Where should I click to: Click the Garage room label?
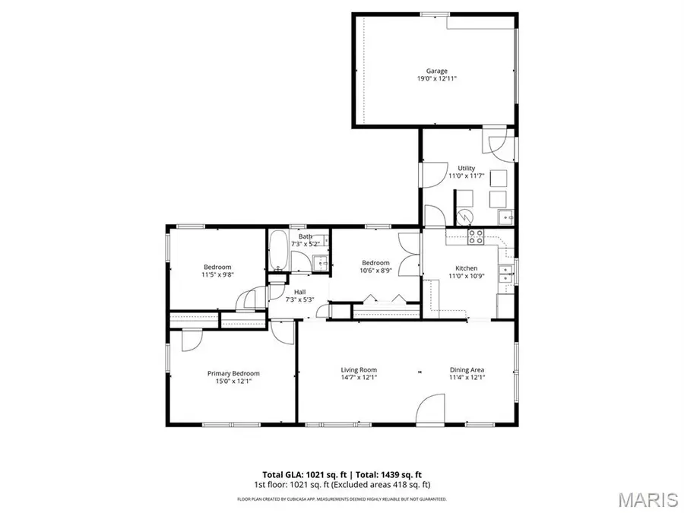tap(436, 71)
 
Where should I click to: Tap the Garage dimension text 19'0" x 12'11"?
tap(436, 79)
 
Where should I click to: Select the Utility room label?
tap(466, 168)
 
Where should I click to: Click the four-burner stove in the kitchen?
tap(476, 236)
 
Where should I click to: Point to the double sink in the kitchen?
tap(502, 274)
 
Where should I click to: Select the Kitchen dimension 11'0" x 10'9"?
tap(466, 276)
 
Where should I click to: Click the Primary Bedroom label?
tap(233, 373)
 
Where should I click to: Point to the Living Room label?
tap(358, 370)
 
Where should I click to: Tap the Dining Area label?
tap(467, 370)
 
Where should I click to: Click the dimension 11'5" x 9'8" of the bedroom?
tap(217, 275)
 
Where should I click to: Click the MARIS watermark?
tap(648, 499)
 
